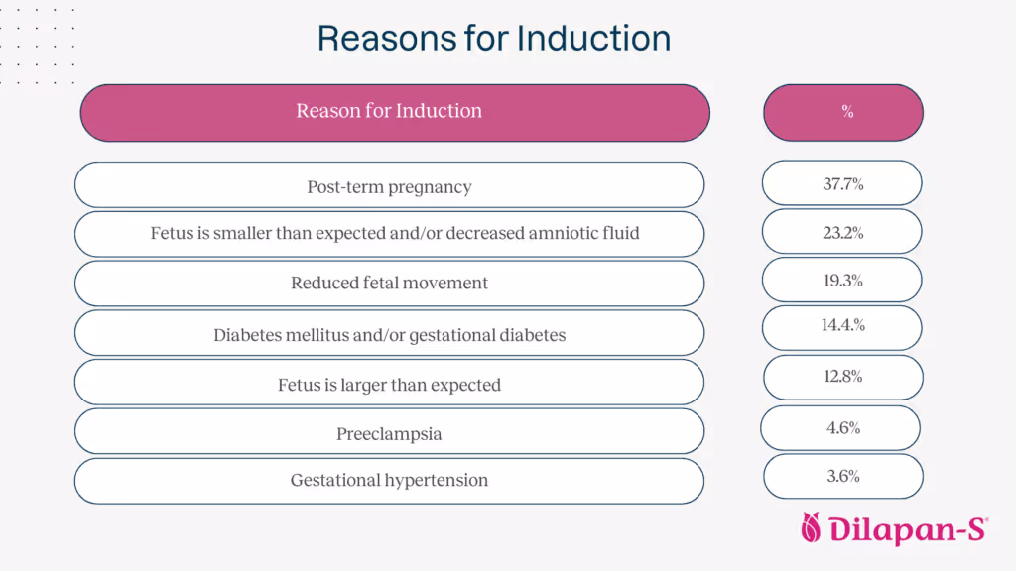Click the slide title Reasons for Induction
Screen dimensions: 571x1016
coord(494,39)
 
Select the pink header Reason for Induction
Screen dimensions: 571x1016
coord(389,111)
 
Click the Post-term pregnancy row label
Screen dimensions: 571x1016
coord(389,186)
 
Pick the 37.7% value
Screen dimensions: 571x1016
coord(842,184)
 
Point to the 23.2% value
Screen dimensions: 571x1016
coord(842,233)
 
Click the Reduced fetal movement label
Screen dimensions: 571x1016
coord(389,284)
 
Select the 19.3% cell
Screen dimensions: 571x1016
coord(842,281)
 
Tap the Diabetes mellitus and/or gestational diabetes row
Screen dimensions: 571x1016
coord(389,335)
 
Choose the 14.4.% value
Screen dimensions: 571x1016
coord(842,325)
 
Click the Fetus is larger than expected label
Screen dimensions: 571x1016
coord(389,385)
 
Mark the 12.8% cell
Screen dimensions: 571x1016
coord(842,377)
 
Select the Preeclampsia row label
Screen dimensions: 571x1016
coord(389,434)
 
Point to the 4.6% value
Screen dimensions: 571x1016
coord(842,428)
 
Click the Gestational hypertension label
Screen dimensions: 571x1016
coord(389,480)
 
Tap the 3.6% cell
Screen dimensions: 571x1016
coord(842,477)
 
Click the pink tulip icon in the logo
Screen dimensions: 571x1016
coord(813,529)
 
